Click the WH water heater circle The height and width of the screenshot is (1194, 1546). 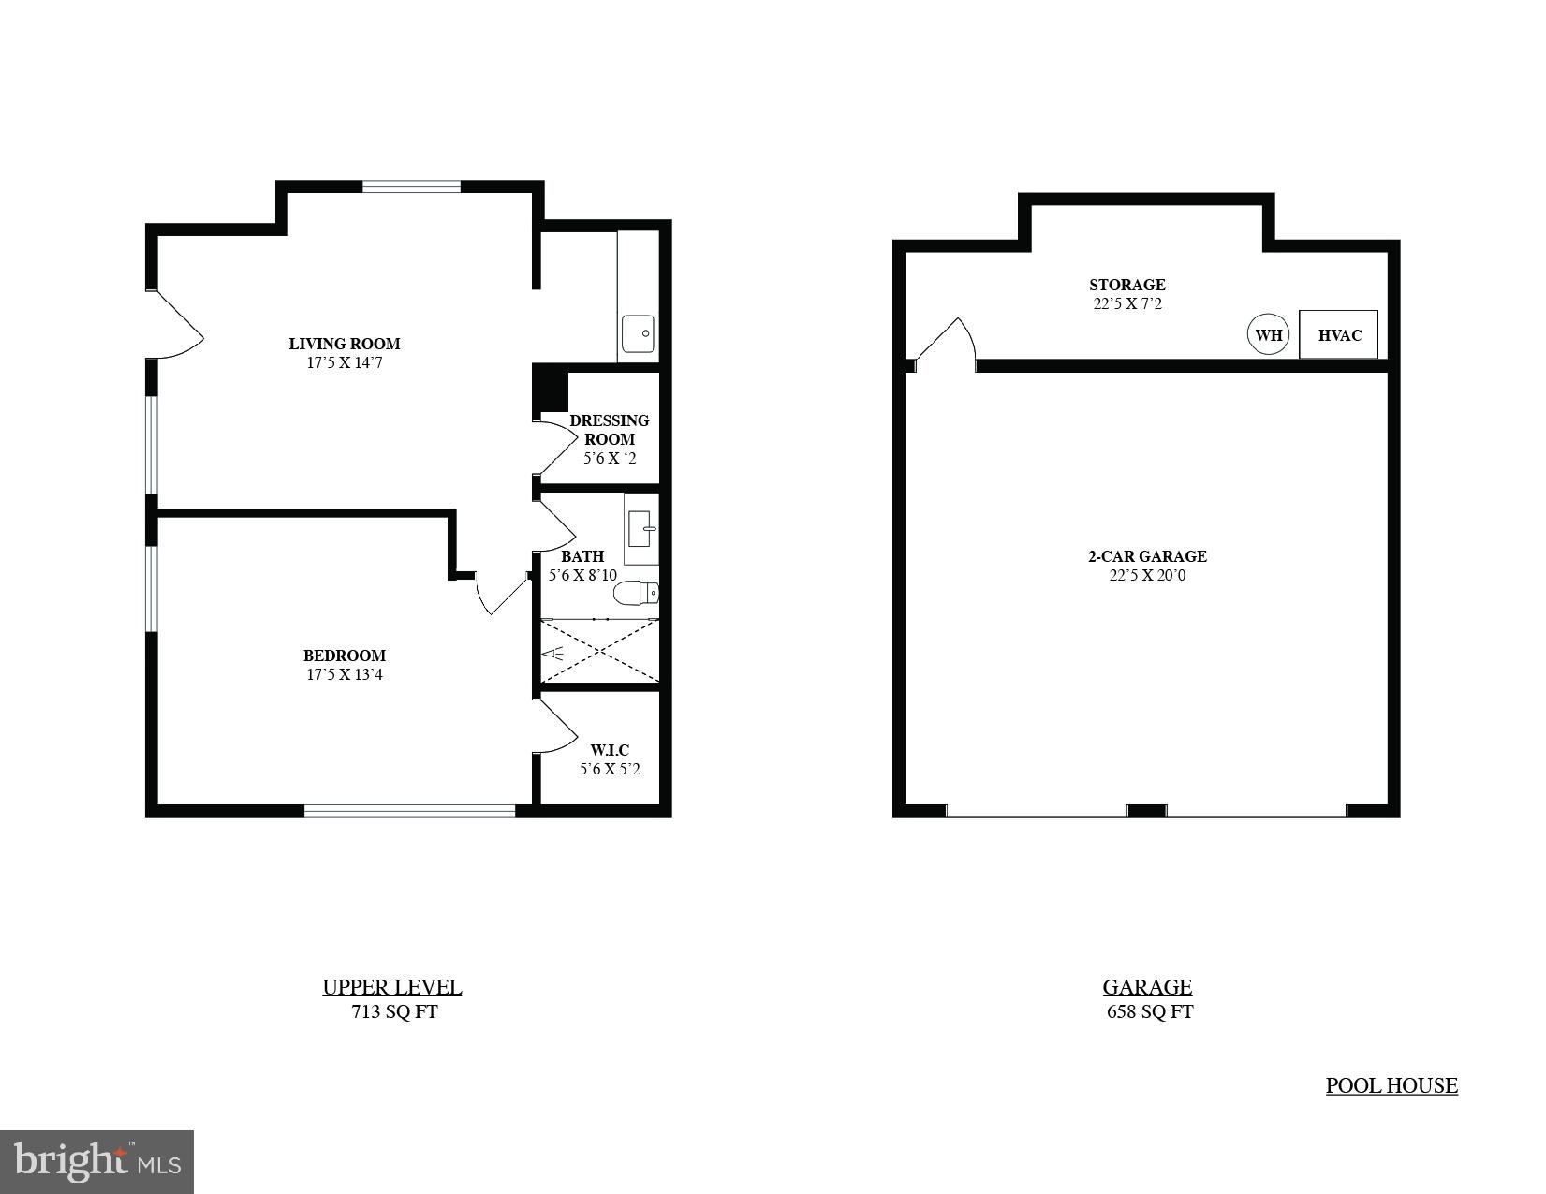click(1268, 334)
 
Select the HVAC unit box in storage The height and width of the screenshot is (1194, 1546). click(1338, 334)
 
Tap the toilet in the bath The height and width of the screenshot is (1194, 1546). click(638, 593)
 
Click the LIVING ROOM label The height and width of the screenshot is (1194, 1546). click(344, 344)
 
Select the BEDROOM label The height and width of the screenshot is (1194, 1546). click(344, 656)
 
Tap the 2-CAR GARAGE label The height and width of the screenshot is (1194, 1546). click(1147, 556)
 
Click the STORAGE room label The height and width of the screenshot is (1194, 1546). click(1126, 285)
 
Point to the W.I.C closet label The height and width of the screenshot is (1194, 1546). click(610, 750)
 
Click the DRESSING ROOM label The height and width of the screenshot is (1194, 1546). click(610, 430)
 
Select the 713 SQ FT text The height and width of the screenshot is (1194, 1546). click(394, 1011)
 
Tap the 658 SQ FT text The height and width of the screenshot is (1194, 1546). click(1149, 1011)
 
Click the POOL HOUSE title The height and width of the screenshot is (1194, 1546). click(1391, 1085)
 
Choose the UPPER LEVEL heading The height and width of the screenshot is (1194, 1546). click(391, 987)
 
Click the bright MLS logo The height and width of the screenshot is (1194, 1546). click(96, 1162)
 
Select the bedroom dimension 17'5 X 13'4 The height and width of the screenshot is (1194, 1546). click(344, 674)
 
